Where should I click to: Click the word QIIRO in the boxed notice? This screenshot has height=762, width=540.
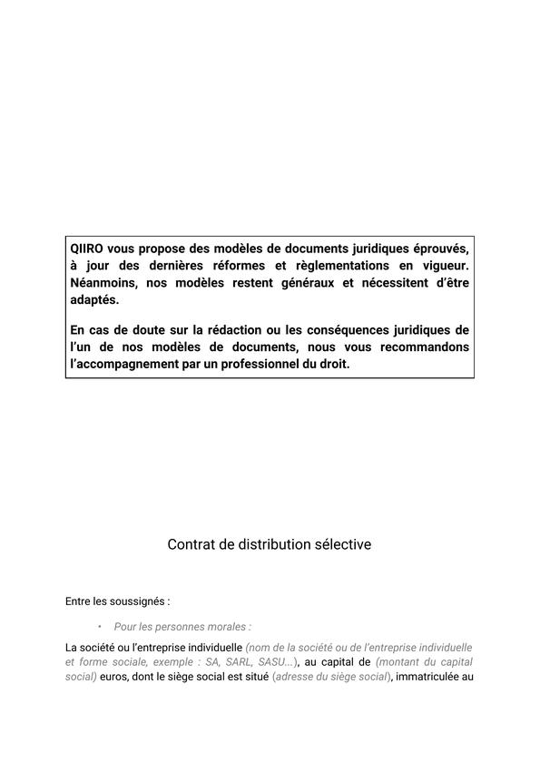click(88, 249)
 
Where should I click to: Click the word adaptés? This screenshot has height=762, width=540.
click(94, 300)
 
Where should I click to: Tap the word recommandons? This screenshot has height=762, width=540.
click(426, 347)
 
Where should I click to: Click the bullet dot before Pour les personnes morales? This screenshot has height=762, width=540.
click(99, 627)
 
